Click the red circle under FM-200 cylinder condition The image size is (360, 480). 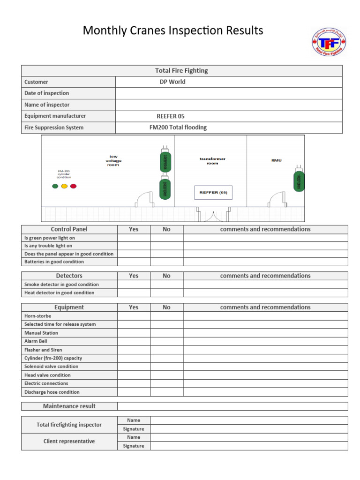click(73, 186)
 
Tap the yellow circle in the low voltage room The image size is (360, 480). click(64, 186)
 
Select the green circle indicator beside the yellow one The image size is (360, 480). click(55, 186)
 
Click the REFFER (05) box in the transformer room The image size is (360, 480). click(213, 192)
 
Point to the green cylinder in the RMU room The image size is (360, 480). click(299, 180)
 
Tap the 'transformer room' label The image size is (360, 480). click(212, 161)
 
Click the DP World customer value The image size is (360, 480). click(172, 82)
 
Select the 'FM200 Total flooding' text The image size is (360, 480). click(178, 127)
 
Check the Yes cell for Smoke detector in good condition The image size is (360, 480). click(134, 285)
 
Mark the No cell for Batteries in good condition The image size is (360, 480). click(166, 262)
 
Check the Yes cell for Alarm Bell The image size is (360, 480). click(134, 341)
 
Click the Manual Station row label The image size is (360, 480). click(41, 333)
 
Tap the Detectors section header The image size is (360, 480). click(69, 276)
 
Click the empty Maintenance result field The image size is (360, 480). click(232, 406)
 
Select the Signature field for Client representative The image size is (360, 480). click(249, 446)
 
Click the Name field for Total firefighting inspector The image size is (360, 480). click(249, 420)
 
